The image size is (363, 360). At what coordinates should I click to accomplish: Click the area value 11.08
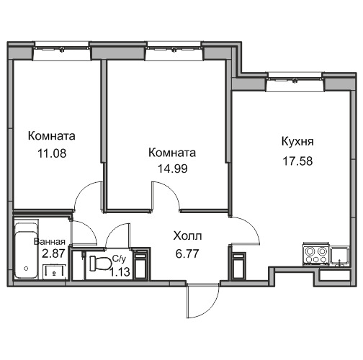pyautogui.click(x=52, y=153)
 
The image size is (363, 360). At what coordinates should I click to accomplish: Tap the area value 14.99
pyautogui.click(x=172, y=168)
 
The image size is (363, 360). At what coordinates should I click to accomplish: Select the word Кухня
pyautogui.click(x=297, y=142)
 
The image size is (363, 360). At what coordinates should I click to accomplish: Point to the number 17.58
pyautogui.click(x=297, y=161)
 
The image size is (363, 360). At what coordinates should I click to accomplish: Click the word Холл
pyautogui.click(x=187, y=236)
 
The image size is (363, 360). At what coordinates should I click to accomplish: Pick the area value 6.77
pyautogui.click(x=187, y=253)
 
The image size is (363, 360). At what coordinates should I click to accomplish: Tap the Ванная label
pyautogui.click(x=50, y=242)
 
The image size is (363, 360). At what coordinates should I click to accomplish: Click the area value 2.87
pyautogui.click(x=53, y=253)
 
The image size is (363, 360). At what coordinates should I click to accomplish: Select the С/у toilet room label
pyautogui.click(x=119, y=259)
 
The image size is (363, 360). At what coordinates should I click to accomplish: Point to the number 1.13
pyautogui.click(x=120, y=272)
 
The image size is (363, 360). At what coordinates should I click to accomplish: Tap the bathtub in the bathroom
pyautogui.click(x=26, y=251)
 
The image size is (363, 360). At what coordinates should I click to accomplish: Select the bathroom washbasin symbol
pyautogui.click(x=54, y=272)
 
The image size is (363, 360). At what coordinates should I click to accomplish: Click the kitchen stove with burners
pyautogui.click(x=315, y=255)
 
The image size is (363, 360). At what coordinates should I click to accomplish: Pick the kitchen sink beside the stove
pyautogui.click(x=339, y=256)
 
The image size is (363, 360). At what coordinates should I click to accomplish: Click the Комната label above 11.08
pyautogui.click(x=52, y=136)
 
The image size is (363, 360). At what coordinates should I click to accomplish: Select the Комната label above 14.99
pyautogui.click(x=172, y=153)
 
